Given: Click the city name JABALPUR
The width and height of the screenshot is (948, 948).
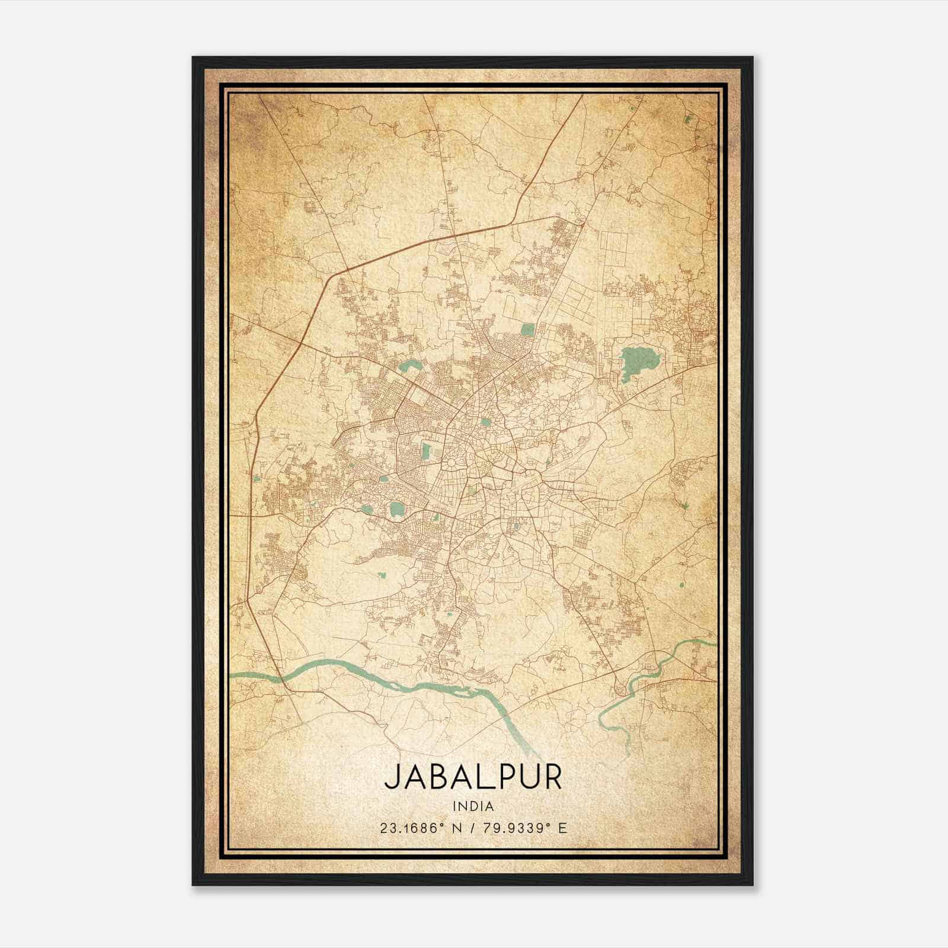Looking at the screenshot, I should [x=473, y=777].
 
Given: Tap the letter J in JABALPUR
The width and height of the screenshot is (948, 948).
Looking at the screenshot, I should [x=392, y=777].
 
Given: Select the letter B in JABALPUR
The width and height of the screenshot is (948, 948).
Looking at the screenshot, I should [x=437, y=777].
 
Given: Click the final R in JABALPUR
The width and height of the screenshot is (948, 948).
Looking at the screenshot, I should [x=552, y=777].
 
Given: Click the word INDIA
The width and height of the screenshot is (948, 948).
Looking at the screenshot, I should [x=473, y=806].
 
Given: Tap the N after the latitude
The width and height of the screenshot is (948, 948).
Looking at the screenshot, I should [x=456, y=828].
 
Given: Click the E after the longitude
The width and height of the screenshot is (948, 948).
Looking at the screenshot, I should [x=562, y=828].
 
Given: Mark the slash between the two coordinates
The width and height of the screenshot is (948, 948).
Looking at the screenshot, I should [x=472, y=828].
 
